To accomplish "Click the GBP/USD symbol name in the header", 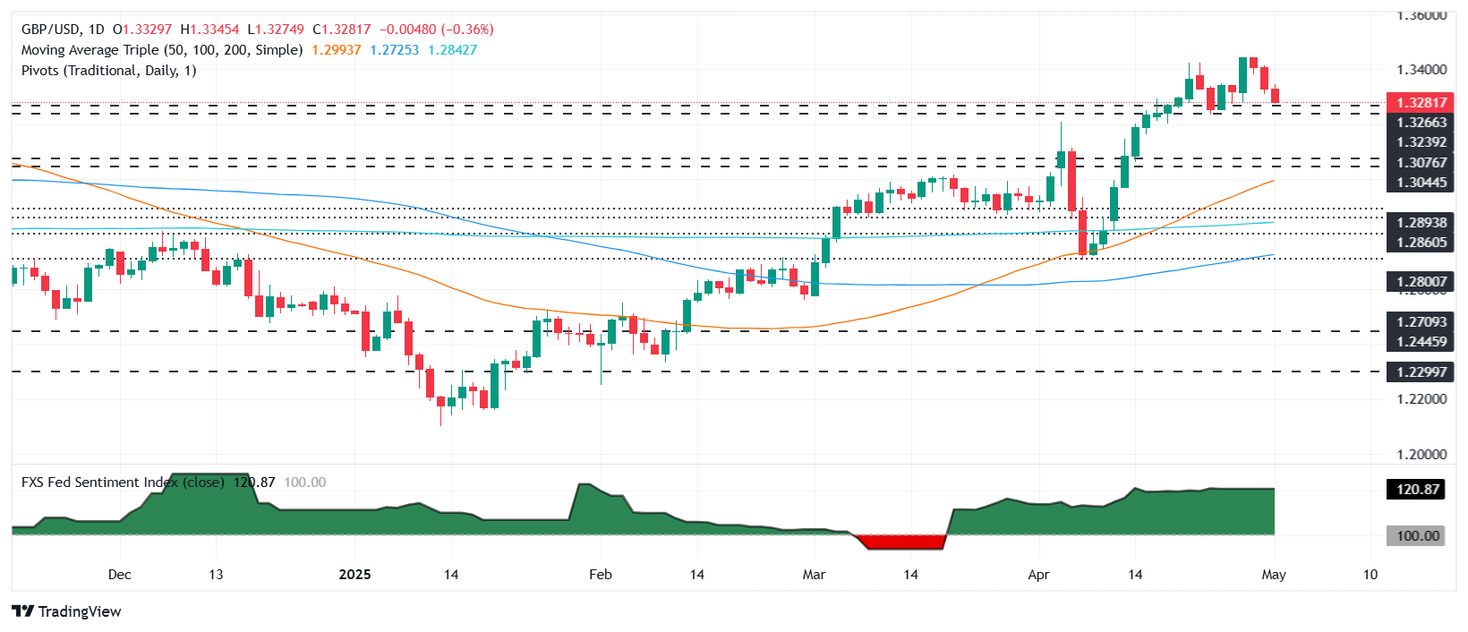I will point(50,30).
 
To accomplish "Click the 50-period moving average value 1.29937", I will point(336,50).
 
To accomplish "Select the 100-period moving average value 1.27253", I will point(394,50).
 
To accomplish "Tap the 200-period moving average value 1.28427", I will point(452,50).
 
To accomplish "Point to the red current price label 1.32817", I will point(1421,102).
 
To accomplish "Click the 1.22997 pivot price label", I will point(1421,372).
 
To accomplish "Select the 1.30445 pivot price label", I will point(1421,183).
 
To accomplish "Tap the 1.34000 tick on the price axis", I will point(1421,70).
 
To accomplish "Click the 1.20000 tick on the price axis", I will point(1421,454).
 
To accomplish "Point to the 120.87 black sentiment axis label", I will point(1417,489).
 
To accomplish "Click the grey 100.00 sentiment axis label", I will point(1417,535).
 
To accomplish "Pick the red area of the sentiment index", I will point(900,542).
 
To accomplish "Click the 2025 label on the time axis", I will point(354,574).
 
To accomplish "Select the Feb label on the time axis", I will point(600,574).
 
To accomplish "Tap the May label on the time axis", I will point(1273,574).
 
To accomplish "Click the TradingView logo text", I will point(79,611).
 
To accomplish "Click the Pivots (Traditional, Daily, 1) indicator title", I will point(108,71).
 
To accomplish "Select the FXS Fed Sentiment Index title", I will point(98,482).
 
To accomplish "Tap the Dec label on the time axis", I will point(119,574).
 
